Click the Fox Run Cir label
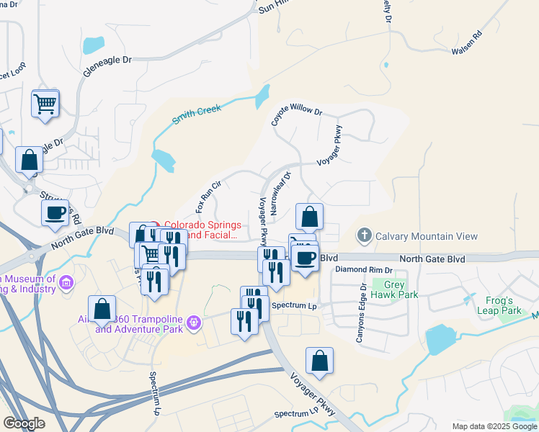pyautogui.click(x=207, y=197)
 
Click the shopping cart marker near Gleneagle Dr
pyautogui.click(x=45, y=104)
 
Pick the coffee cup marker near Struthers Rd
pyautogui.click(x=55, y=213)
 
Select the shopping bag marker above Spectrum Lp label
pyautogui.click(x=319, y=361)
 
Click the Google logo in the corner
pyautogui.click(x=24, y=423)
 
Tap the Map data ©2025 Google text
pyautogui.click(x=494, y=426)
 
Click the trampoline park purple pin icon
pyautogui.click(x=193, y=324)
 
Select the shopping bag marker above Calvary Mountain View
pyautogui.click(x=309, y=216)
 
